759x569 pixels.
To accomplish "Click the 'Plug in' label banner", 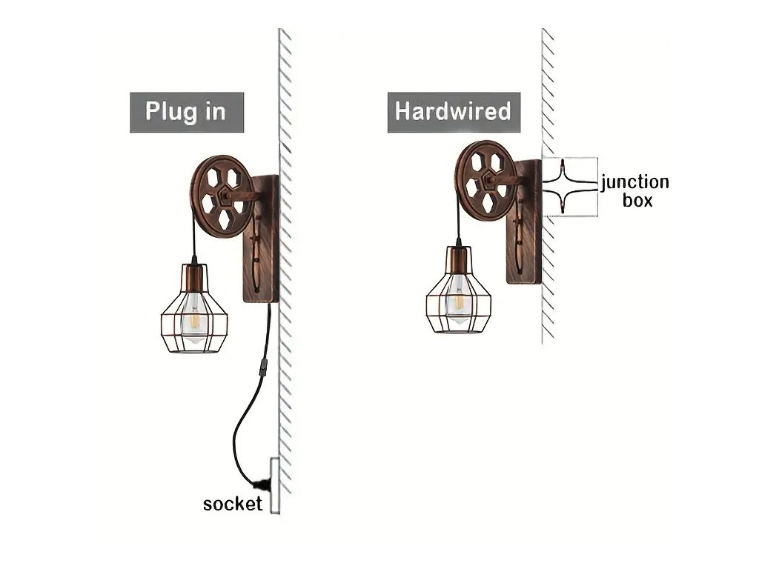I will click(187, 113).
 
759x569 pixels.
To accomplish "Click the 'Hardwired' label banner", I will click(453, 112).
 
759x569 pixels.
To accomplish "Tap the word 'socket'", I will click(232, 505).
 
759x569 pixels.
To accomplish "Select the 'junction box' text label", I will click(634, 190).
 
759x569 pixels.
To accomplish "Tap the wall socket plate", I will click(274, 486).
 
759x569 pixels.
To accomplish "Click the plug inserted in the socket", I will click(260, 486).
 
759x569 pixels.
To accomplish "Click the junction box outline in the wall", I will click(569, 187).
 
